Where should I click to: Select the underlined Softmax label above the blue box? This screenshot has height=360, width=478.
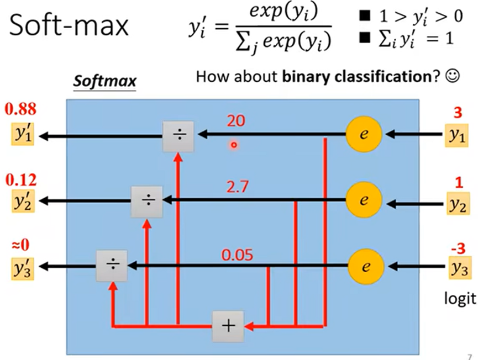point(105,82)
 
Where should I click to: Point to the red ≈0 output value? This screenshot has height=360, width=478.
point(18,243)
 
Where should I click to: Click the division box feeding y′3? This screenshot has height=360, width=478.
point(112,266)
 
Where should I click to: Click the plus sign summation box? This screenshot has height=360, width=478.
point(228,326)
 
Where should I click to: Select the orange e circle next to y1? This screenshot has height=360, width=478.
point(363,134)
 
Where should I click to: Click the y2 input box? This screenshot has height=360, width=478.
point(456,203)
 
